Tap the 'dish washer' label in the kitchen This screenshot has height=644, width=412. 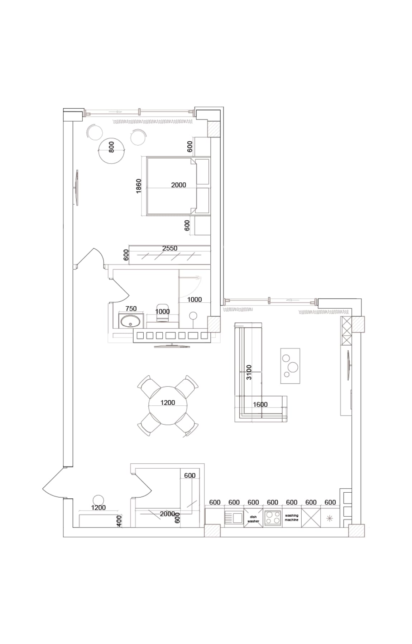coord(253,519)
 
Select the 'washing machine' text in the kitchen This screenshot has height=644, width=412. coord(291,517)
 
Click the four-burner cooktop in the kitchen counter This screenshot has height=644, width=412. coord(272,518)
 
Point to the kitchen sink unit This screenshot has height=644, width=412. coord(234,518)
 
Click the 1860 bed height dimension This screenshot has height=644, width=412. coord(139,186)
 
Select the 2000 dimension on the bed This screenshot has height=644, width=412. coord(178,185)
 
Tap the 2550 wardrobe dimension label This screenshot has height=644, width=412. coord(169,248)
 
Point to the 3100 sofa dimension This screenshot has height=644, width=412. coord(249,372)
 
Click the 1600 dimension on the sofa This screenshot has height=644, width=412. coord(260,404)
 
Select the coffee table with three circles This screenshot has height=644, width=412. coord(290,366)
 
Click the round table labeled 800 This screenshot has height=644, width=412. coord(111,150)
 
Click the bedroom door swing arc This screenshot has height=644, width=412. coord(90,256)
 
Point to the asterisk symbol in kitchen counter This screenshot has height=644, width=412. coord(330,518)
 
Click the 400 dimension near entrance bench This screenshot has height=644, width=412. coord(119,521)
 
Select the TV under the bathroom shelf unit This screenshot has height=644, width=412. coord(172,346)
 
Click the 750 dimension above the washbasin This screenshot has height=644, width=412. coord(131,308)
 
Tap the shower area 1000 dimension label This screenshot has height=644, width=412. coord(195,299)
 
